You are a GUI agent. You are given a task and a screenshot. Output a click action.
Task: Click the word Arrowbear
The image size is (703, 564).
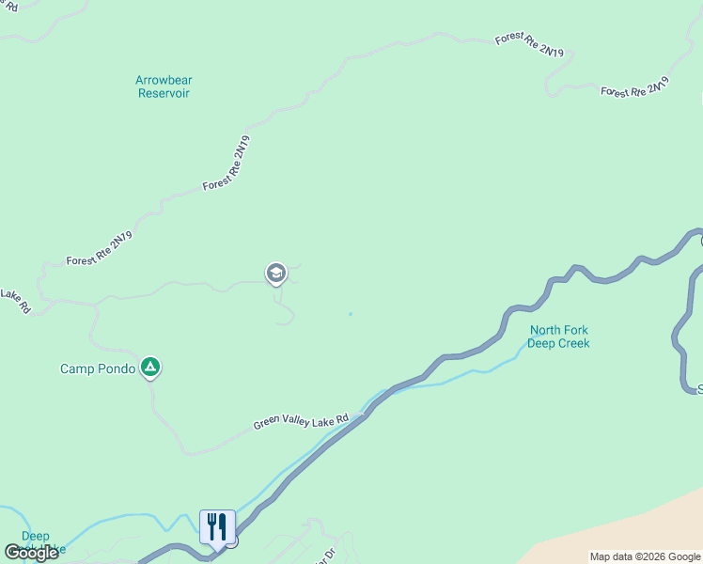pos(164,80)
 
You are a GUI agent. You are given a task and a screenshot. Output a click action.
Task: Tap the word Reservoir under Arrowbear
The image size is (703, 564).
pos(164,93)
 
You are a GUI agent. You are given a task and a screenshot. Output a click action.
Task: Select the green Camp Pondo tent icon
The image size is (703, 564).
pos(149,368)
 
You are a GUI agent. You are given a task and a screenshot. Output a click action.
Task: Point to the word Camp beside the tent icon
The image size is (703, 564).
pos(78,368)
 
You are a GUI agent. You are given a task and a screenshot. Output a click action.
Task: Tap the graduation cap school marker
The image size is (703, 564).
pos(275,274)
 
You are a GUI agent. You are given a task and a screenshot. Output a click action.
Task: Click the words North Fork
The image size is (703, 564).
pos(559,330)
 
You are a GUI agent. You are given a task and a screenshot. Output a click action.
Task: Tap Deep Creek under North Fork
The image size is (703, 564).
pos(559,343)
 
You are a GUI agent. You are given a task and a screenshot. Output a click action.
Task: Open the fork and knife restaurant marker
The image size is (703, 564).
pos(217,526)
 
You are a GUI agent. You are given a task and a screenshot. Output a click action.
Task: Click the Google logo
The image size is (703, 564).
pos(31,553)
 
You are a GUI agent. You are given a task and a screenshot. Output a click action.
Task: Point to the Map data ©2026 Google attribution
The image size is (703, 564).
pos(645,556)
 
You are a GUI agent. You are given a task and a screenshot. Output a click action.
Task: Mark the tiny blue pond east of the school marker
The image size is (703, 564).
pos(351,314)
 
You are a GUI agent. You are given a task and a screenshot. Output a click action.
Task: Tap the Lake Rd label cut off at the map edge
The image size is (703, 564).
pos(15,301)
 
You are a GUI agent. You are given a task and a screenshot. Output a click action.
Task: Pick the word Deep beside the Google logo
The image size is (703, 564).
pos(35,536)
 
